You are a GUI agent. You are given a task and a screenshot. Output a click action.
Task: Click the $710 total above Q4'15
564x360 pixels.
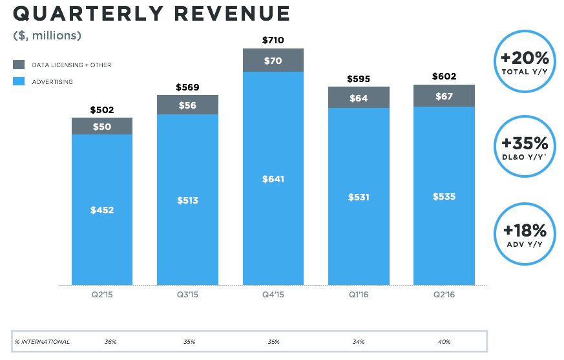point(273,41)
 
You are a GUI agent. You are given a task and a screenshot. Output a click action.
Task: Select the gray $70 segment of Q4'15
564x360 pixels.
point(273,60)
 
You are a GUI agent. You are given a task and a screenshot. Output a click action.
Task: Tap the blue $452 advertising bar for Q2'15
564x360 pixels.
point(102,209)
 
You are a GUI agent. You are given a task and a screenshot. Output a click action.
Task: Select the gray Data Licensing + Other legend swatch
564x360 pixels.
point(19,65)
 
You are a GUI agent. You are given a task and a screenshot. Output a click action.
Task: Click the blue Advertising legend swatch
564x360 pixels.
point(19,82)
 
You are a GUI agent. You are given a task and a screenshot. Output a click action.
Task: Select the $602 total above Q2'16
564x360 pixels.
point(444,77)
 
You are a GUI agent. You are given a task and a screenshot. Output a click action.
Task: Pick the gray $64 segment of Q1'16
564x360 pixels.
point(359,98)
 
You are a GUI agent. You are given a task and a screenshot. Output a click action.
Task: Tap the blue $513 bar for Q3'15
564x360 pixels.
point(187,200)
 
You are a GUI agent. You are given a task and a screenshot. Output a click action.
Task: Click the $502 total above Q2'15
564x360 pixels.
point(102,110)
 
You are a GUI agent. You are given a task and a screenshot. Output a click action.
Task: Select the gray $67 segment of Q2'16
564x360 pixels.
point(444,96)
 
